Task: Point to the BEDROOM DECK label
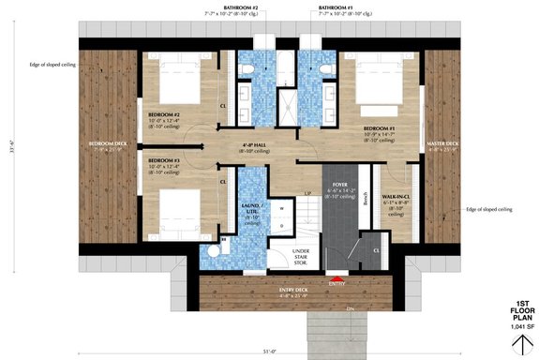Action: (x=108, y=145)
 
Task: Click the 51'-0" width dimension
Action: (x=269, y=352)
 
